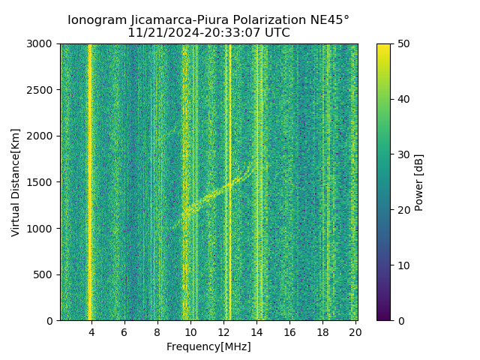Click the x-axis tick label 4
[91, 331]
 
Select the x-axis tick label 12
[223, 331]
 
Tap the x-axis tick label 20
[355, 331]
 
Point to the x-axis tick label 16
[289, 331]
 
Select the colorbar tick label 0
[400, 321]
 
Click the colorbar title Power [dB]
[419, 182]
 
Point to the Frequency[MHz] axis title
[208, 346]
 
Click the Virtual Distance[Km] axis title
[16, 182]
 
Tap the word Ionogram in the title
[96, 20]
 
